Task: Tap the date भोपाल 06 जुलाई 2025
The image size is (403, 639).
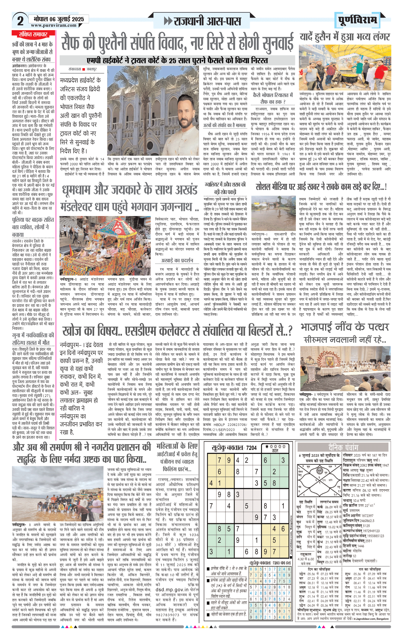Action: coord(59,19)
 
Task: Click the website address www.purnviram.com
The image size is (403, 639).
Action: coord(54,25)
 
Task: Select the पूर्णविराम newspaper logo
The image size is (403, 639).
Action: coord(358,20)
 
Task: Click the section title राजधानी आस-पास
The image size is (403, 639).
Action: coord(203,21)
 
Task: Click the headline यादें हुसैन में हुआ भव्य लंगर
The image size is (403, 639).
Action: coord(345,37)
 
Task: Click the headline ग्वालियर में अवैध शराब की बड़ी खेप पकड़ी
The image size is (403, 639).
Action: coord(225,188)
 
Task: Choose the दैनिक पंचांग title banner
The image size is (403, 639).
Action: coord(343,448)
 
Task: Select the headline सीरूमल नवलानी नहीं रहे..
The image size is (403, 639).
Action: coord(344,340)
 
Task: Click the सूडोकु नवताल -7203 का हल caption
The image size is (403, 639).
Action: coord(270,563)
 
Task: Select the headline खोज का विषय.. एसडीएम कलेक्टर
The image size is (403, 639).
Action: coord(177,331)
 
